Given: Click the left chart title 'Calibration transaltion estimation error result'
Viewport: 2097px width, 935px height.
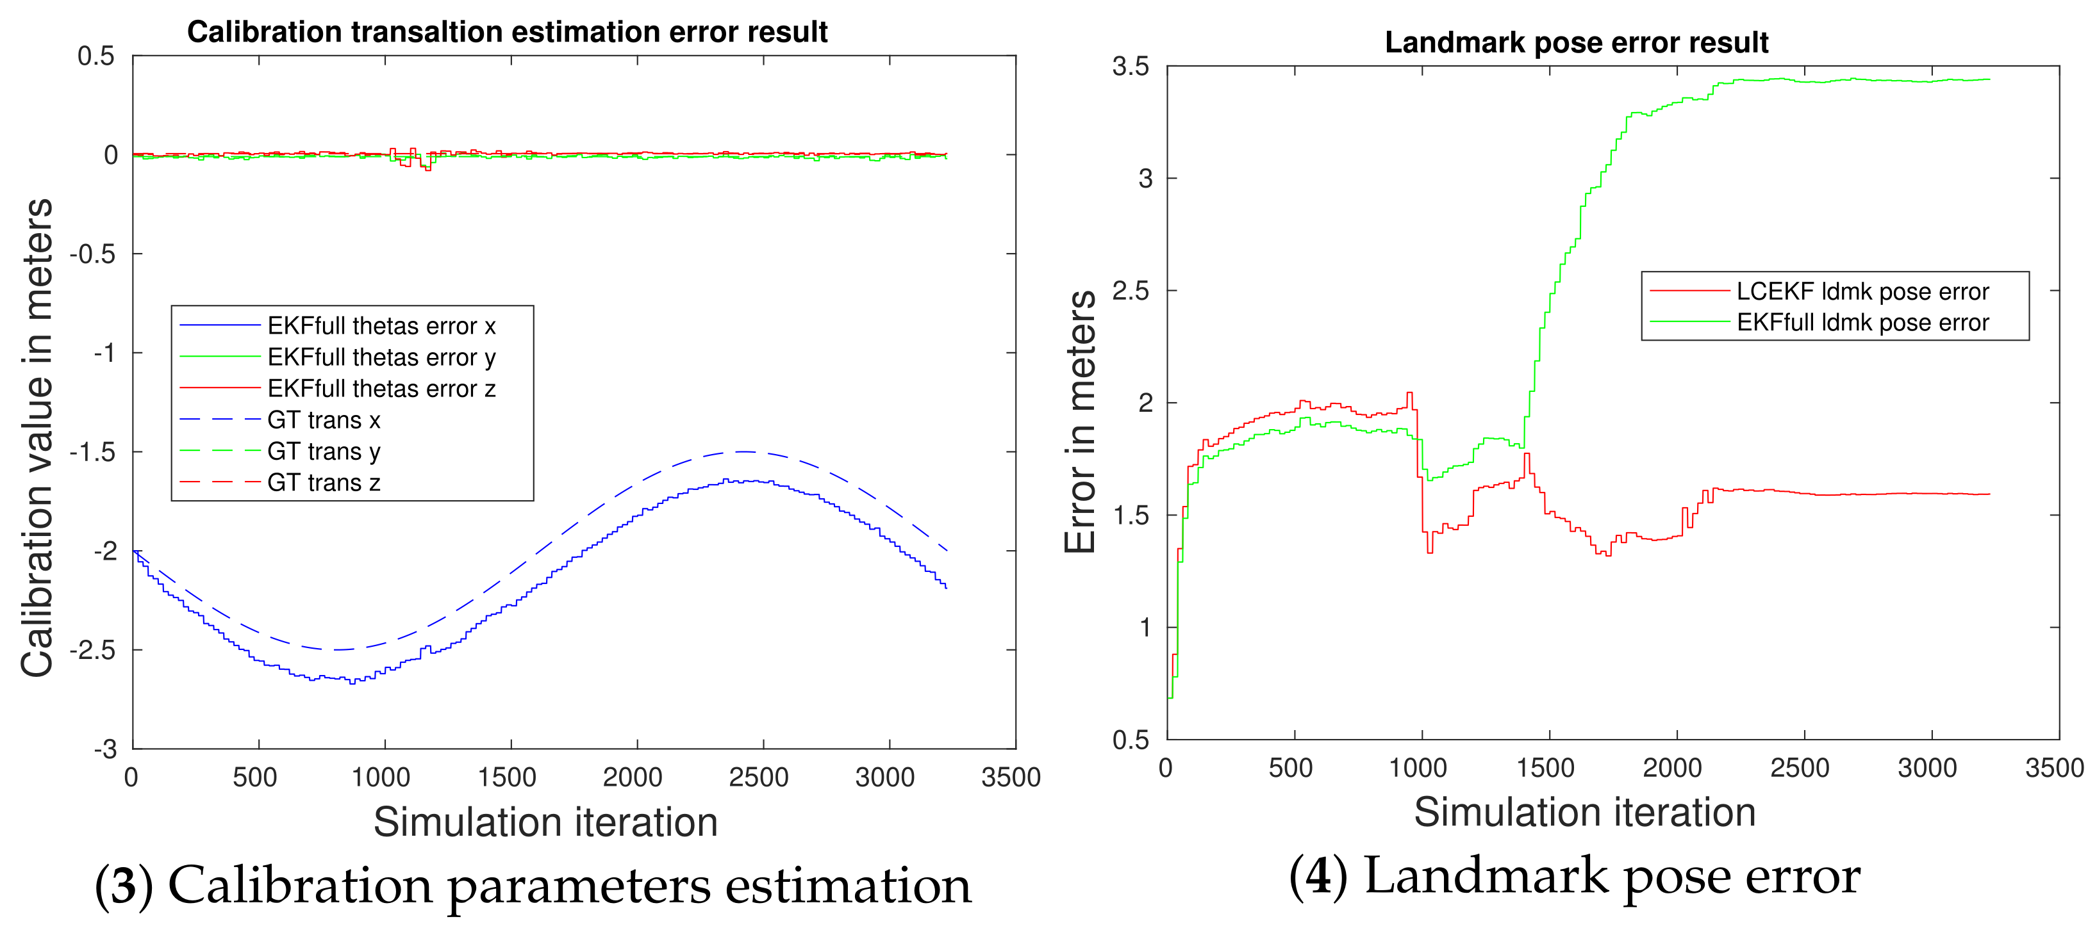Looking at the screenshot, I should pyautogui.click(x=506, y=32).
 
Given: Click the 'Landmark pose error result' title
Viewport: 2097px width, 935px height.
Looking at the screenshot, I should pyautogui.click(x=1576, y=42).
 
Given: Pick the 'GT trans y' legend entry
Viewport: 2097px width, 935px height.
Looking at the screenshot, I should pyautogui.click(x=323, y=451).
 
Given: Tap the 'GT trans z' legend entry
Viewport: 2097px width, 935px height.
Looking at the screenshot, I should pyautogui.click(x=323, y=484).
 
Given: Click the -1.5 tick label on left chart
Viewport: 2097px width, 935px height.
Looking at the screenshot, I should pyautogui.click(x=94, y=452).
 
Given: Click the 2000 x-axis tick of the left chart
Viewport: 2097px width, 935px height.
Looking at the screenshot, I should pyautogui.click(x=633, y=777).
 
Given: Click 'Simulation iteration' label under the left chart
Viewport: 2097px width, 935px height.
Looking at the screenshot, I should pyautogui.click(x=545, y=822).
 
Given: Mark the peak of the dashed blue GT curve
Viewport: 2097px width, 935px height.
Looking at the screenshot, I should pyautogui.click(x=745, y=451).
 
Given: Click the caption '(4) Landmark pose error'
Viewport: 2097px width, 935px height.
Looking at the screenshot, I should pyautogui.click(x=1575, y=877).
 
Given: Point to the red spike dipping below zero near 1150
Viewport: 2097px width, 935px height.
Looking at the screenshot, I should pyautogui.click(x=427, y=168).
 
